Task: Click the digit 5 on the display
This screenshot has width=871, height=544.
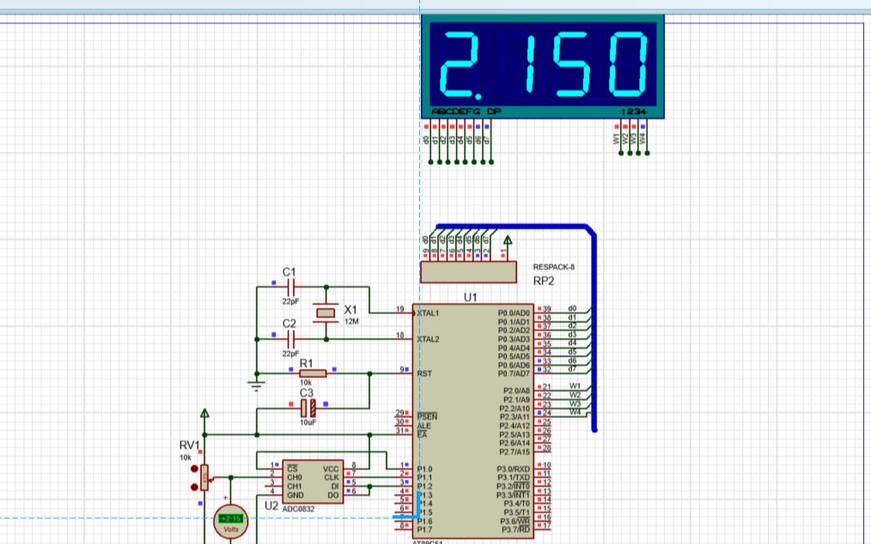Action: pos(578,64)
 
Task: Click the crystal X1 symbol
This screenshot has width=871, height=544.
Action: pos(325,313)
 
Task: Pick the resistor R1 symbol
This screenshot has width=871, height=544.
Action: pos(313,374)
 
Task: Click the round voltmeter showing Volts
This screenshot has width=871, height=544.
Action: pos(230,519)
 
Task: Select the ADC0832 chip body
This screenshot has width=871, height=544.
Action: pos(313,481)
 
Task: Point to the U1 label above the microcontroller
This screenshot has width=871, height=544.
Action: pos(470,297)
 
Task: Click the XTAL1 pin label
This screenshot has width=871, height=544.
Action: pos(428,314)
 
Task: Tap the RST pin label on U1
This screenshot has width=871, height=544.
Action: pos(424,374)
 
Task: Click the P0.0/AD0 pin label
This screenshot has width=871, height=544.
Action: pos(515,314)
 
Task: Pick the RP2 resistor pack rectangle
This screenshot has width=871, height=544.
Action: pos(468,272)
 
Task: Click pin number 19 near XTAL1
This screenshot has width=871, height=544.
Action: pos(399,309)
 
